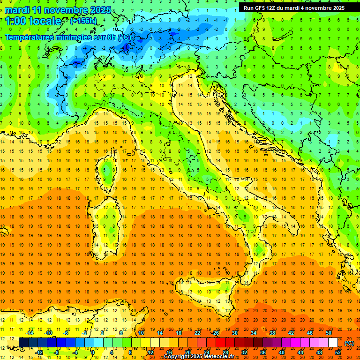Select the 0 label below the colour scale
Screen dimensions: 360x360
pyautogui.click(x=93, y=352)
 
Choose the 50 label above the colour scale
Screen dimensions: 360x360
pyautogui.click(x=328, y=333)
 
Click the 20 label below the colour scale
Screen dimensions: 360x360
pyautogui.click(x=187, y=352)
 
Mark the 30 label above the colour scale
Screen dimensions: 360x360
pyautogui.click(x=234, y=333)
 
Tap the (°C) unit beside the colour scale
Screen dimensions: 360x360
pyautogui.click(x=349, y=343)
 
